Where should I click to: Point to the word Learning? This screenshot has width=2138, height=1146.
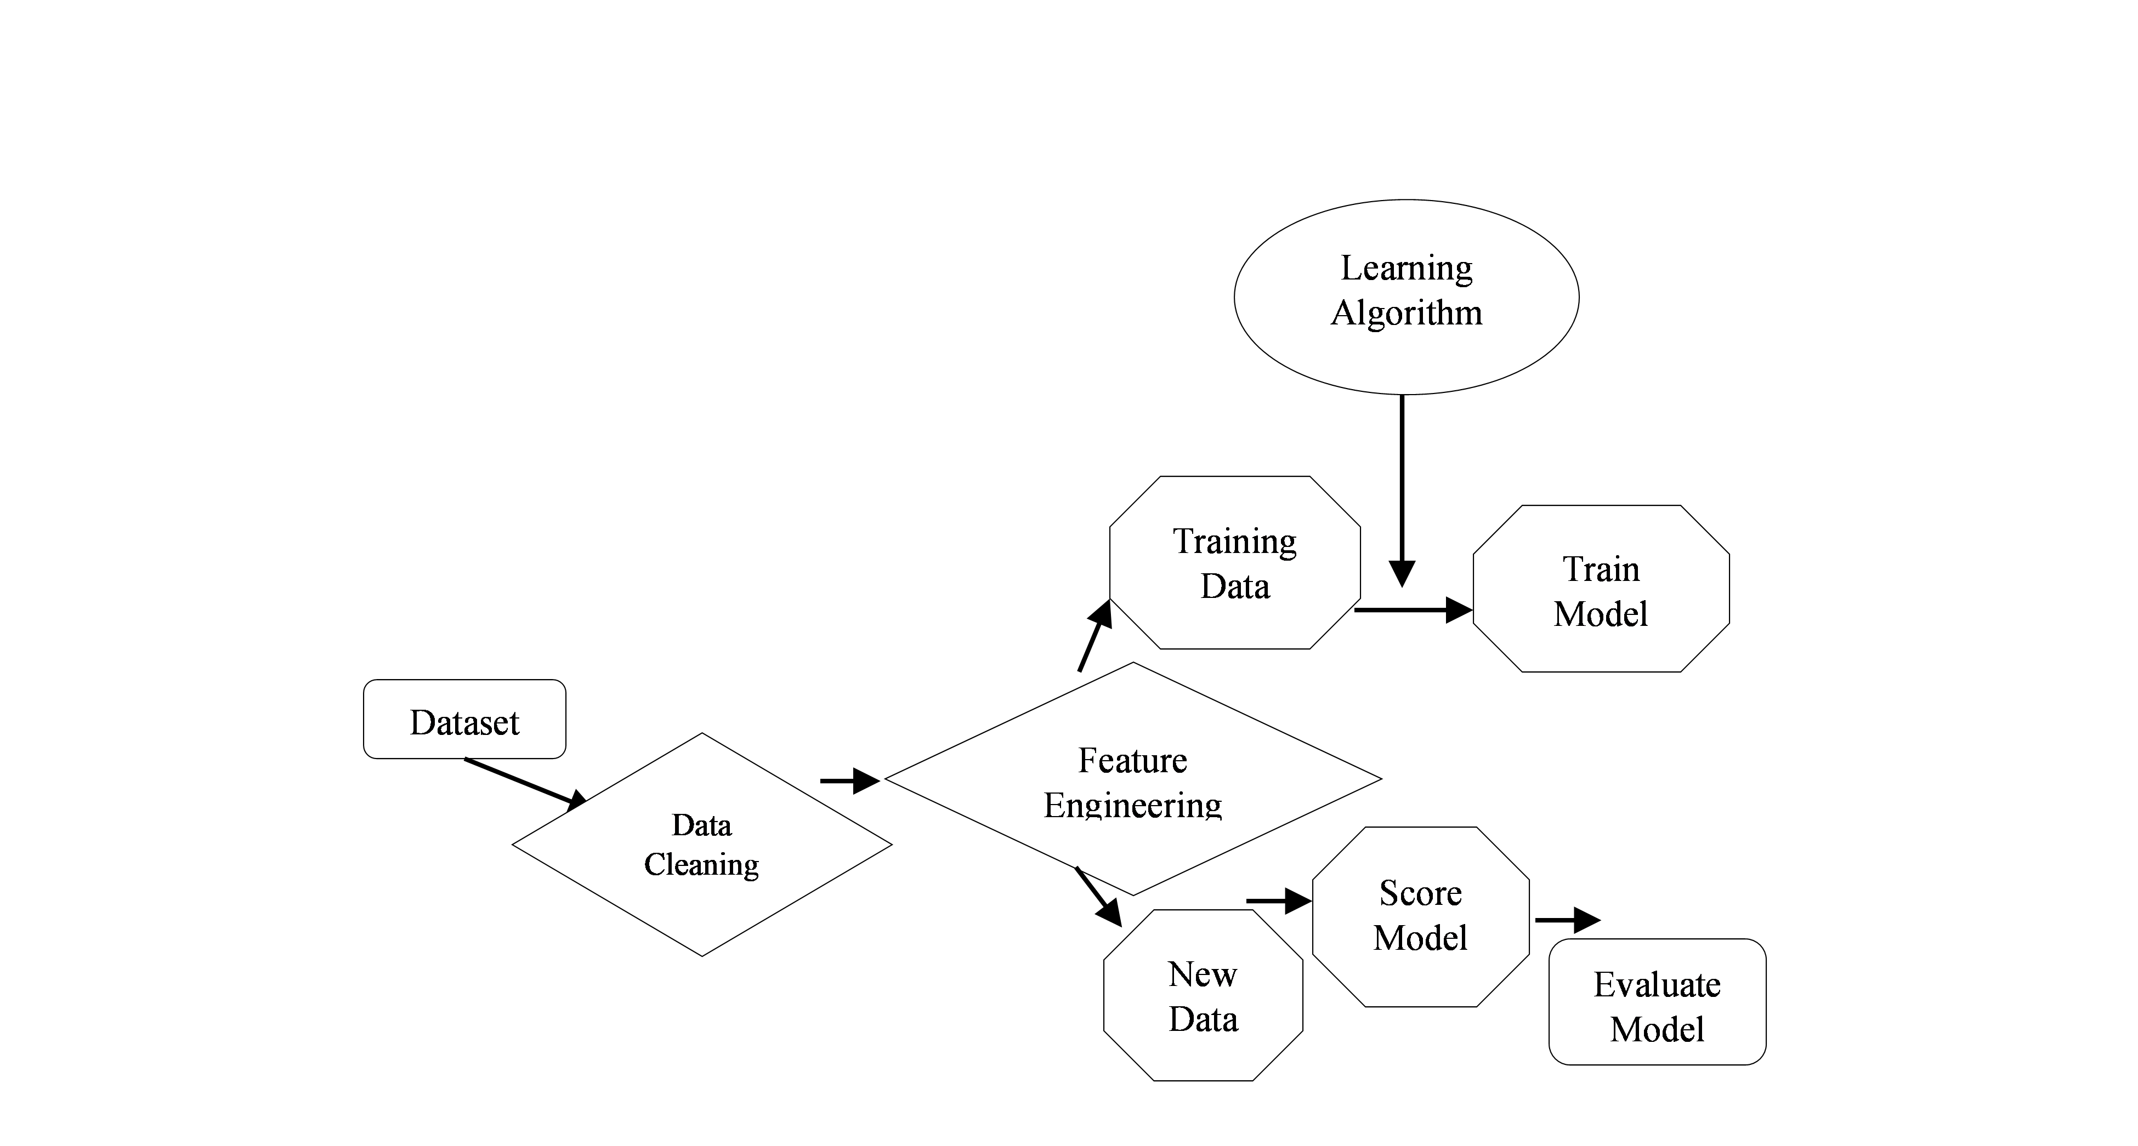[x=1406, y=268]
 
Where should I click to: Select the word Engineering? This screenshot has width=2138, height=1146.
[x=1133, y=806]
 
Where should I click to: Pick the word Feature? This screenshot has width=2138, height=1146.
[x=1133, y=760]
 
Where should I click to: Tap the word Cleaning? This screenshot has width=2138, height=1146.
[x=702, y=865]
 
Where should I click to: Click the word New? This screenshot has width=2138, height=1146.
[x=1203, y=974]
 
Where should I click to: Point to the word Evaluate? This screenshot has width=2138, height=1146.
[x=1657, y=985]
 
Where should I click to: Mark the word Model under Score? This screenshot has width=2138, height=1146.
[x=1421, y=938]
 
